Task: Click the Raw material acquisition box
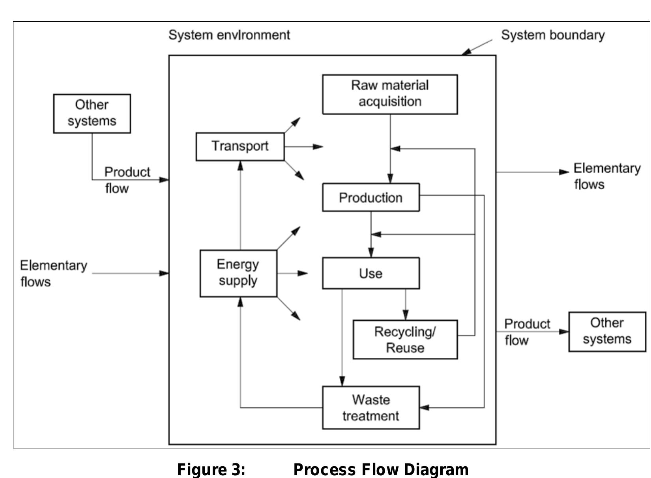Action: click(390, 94)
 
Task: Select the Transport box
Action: click(240, 146)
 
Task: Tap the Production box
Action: click(370, 197)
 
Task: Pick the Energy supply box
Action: click(238, 273)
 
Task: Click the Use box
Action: click(370, 273)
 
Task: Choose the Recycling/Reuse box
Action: click(405, 340)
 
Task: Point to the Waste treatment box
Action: click(370, 407)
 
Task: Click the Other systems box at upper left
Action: click(92, 113)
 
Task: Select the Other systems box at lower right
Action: click(607, 331)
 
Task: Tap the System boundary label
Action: click(552, 35)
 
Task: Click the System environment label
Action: click(229, 35)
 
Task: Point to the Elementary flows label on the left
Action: click(53, 273)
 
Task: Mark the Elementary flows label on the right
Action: click(606, 176)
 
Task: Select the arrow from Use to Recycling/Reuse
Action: click(406, 304)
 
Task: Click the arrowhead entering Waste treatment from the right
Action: click(425, 407)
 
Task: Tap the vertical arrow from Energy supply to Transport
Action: click(240, 205)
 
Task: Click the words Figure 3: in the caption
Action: click(211, 469)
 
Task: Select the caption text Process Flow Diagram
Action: click(381, 469)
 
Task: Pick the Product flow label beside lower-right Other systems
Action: click(526, 332)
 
